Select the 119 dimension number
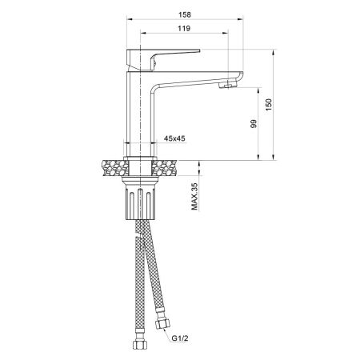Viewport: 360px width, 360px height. click(183, 30)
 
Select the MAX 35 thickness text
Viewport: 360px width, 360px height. click(194, 195)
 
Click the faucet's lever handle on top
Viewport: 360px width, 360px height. click(168, 54)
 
